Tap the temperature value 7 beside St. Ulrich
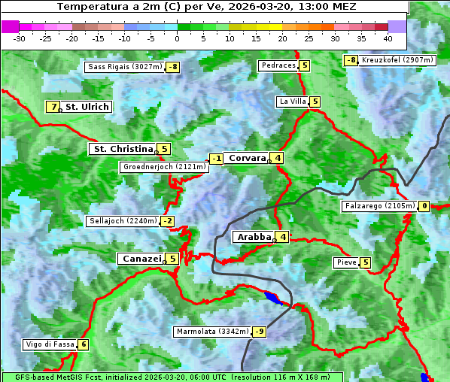(53, 107)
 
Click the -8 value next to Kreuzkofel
(351, 60)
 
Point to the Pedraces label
(278, 65)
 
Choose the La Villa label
(293, 102)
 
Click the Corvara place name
(247, 158)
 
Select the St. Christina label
(122, 149)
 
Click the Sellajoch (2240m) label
(123, 221)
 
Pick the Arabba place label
(254, 237)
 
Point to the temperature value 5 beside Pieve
(365, 262)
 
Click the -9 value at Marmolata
(259, 332)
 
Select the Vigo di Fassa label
(50, 344)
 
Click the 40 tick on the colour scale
(388, 38)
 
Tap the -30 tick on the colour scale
(20, 38)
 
